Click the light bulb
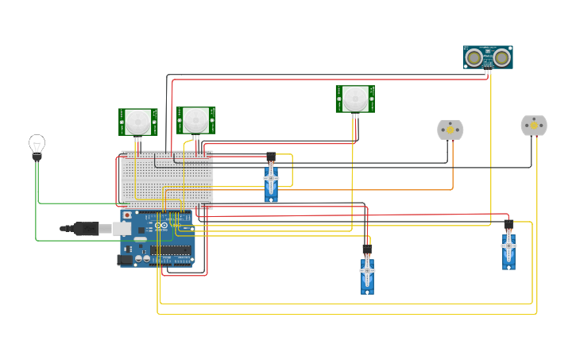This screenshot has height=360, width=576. (37, 146)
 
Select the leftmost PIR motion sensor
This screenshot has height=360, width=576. (138, 122)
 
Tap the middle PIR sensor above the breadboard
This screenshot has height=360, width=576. (195, 120)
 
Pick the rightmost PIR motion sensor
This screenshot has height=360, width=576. (354, 99)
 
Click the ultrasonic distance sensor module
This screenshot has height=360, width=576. (488, 57)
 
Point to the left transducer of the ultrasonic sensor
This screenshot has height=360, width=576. (474, 57)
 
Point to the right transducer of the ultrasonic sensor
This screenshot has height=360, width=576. (501, 57)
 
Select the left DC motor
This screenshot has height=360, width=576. (450, 130)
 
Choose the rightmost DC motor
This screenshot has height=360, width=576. (534, 126)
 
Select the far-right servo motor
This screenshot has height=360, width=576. (508, 249)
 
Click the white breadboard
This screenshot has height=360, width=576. (167, 180)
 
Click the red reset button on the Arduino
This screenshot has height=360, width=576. (126, 215)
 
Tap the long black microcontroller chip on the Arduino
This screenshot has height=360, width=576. (171, 250)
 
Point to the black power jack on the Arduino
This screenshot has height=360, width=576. (125, 259)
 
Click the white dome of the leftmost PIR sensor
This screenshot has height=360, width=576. (138, 121)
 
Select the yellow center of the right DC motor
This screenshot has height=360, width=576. (534, 125)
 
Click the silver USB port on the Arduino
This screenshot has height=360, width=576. (122, 229)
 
